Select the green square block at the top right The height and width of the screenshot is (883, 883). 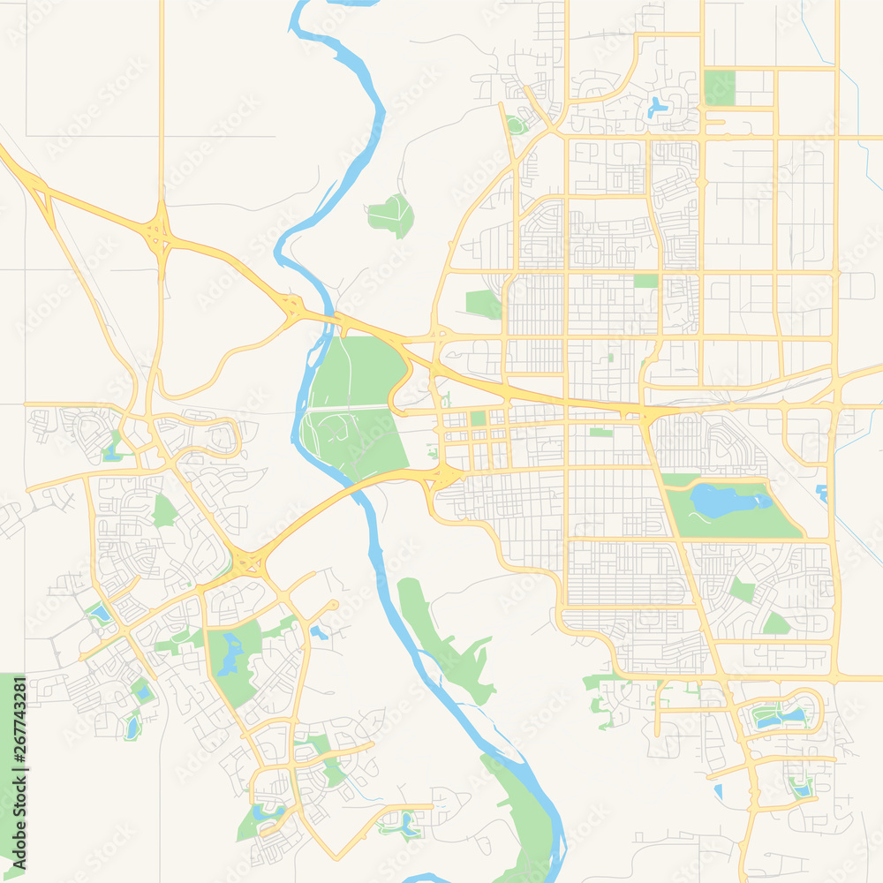(719, 87)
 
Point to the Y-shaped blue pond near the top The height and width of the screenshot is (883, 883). (657, 108)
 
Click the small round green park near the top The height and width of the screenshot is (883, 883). (517, 125)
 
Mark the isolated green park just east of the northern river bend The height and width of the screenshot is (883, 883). (392, 215)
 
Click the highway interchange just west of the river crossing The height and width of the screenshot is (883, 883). (292, 306)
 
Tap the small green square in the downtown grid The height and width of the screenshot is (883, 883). (478, 418)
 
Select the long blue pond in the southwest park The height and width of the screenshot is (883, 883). (232, 653)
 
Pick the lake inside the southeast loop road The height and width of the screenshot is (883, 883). (781, 716)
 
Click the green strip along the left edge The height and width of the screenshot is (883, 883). (11, 759)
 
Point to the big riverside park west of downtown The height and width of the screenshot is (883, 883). (353, 406)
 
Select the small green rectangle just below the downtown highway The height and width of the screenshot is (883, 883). (600, 432)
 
